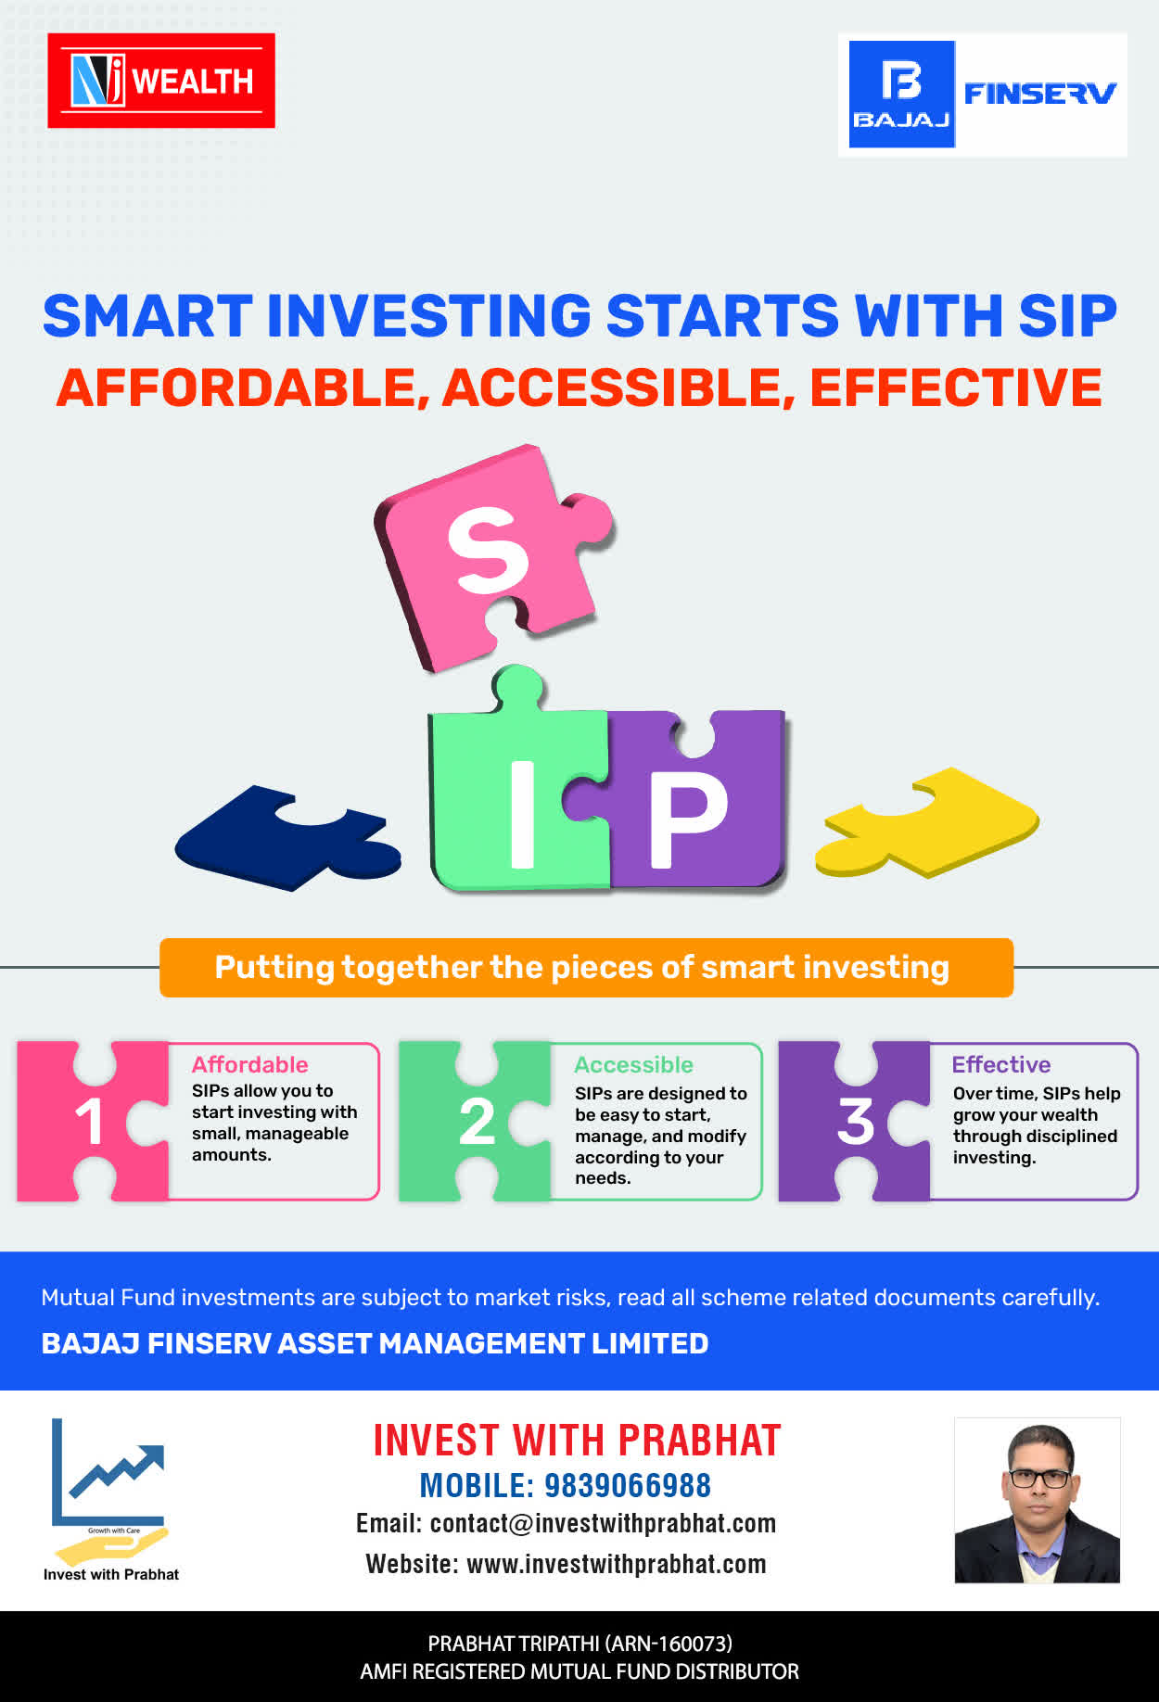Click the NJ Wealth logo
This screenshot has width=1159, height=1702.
161,81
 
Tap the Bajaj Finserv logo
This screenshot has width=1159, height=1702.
983,95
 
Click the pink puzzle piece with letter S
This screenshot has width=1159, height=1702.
494,555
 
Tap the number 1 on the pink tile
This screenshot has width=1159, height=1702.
89,1122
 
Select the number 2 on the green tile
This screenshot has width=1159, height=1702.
478,1122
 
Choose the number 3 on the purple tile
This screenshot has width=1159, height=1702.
856,1121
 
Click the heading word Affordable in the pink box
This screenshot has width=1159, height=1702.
249,1064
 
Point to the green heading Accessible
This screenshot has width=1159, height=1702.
633,1064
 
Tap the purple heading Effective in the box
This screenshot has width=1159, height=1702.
1001,1064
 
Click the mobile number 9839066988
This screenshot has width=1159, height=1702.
628,1485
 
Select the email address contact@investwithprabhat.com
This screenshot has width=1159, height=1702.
603,1524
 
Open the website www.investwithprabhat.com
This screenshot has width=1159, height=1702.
617,1564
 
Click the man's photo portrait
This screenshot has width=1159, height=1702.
1038,1500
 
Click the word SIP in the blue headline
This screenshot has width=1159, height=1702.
1067,316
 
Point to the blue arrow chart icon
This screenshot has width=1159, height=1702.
109,1472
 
